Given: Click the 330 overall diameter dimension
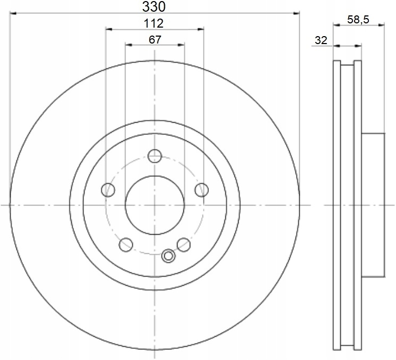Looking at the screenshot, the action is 154,7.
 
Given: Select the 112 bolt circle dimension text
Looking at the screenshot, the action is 154,23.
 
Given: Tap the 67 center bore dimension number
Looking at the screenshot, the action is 155,40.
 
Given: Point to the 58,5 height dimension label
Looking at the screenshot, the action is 358,20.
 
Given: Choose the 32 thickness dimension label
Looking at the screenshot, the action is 321,40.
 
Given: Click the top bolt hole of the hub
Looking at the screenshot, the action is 155,156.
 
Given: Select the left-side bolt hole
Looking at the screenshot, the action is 108,190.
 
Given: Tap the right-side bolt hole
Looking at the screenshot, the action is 201,190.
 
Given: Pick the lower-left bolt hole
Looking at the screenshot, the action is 126,245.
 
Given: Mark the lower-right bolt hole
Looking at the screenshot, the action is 183,245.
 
